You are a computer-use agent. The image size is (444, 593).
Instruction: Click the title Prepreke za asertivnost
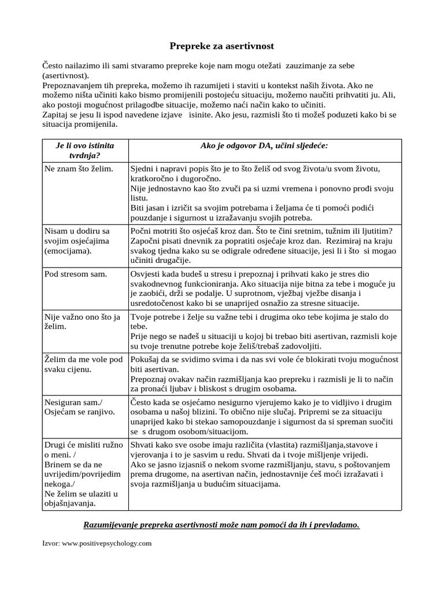(x=221, y=45)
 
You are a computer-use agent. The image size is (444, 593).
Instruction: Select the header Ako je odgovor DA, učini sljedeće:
(x=264, y=145)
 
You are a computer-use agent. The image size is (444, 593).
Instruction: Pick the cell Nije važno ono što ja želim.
(x=82, y=322)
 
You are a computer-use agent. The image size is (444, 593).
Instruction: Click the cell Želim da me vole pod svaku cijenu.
(x=83, y=364)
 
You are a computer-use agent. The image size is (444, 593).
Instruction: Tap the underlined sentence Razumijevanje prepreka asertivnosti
(x=221, y=525)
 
